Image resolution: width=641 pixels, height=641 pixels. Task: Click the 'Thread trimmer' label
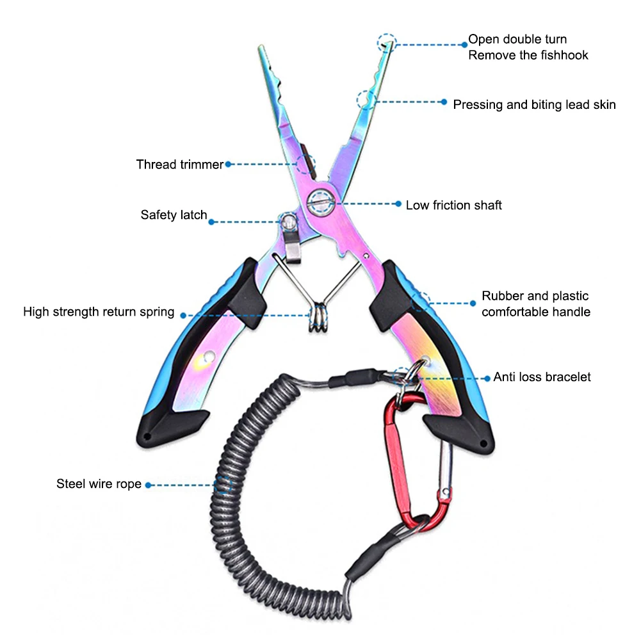(x=179, y=165)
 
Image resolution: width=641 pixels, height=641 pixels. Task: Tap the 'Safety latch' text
(x=174, y=215)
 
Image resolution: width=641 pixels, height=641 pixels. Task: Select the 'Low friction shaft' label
(x=453, y=205)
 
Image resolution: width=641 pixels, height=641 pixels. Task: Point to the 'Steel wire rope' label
(x=99, y=483)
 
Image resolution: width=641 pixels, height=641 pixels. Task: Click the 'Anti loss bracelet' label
(x=542, y=377)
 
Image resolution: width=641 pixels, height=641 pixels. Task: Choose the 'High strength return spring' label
(x=99, y=311)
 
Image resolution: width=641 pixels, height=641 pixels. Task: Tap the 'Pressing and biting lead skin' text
(x=534, y=104)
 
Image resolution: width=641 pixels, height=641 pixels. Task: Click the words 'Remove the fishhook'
(x=528, y=55)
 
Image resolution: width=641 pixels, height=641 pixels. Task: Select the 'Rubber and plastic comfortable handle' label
(x=535, y=304)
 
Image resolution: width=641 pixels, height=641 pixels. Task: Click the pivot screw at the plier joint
(x=320, y=202)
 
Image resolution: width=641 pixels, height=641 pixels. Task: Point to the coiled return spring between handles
(x=318, y=317)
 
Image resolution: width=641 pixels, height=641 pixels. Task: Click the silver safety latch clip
(x=291, y=239)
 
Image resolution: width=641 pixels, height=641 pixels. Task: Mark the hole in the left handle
(x=209, y=357)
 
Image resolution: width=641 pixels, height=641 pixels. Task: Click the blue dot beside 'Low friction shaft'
(x=398, y=204)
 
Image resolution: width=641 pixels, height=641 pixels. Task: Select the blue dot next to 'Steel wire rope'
(x=149, y=485)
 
